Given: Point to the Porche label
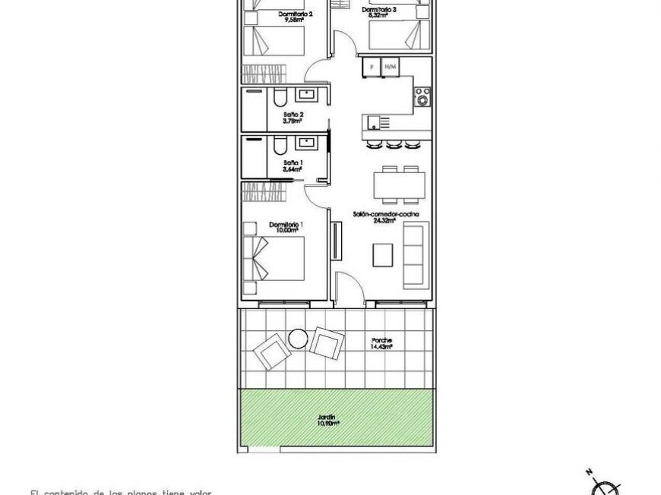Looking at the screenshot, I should point(381,340).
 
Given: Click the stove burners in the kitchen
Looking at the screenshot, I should point(422,96).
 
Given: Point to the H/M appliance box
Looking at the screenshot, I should point(391,68).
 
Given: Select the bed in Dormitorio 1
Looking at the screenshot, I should point(274,258).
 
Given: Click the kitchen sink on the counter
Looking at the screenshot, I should point(372,121).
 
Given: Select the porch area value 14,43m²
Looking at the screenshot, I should point(381,347).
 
